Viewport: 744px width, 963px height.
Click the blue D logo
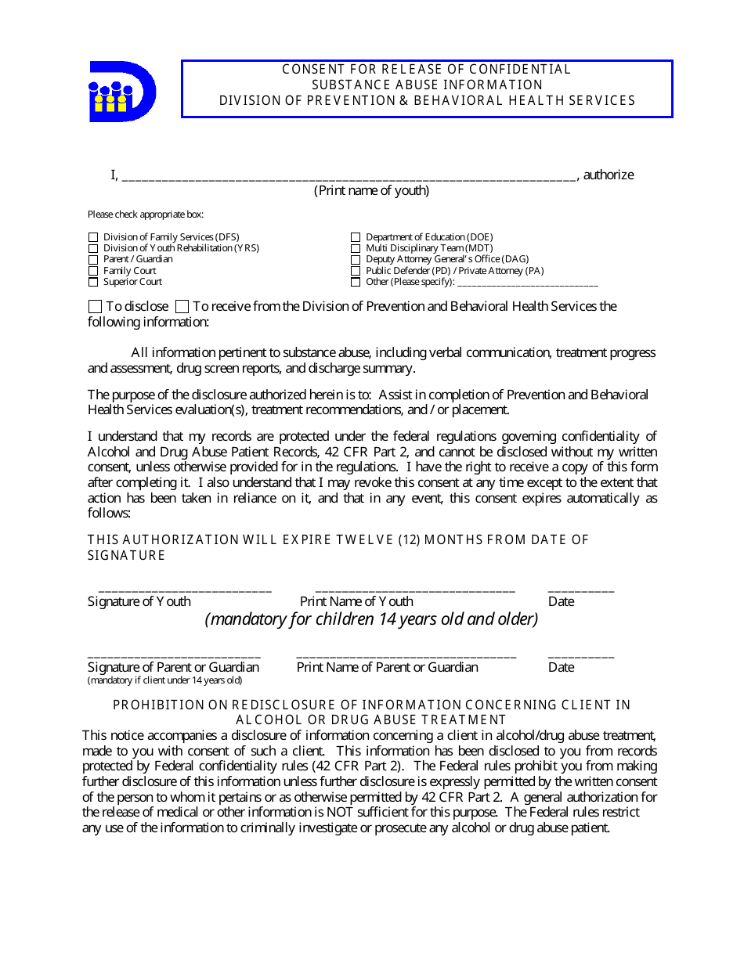(x=121, y=92)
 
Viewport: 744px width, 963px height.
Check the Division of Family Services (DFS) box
(x=93, y=237)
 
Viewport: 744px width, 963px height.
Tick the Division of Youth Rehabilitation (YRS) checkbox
(x=93, y=248)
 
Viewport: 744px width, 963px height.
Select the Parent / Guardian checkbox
(x=93, y=259)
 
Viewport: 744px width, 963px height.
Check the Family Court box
(x=93, y=271)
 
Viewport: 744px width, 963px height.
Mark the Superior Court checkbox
(x=93, y=282)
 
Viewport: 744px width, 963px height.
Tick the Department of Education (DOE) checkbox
(x=356, y=237)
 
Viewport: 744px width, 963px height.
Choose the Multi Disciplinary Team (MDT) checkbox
(x=356, y=248)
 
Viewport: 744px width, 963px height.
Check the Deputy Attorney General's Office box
(x=356, y=259)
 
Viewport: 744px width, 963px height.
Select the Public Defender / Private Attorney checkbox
(x=356, y=271)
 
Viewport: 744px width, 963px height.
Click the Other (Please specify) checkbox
(x=356, y=282)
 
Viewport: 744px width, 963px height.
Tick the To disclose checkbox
(x=95, y=307)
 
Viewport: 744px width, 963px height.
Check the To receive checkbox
(x=182, y=307)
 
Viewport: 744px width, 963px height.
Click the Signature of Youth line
(x=185, y=590)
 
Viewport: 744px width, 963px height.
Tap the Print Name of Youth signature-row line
(x=414, y=590)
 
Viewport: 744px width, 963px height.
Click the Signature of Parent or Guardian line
(x=174, y=656)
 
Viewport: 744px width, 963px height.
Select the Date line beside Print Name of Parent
(x=580, y=656)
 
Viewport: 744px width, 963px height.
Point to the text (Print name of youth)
(x=371, y=191)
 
